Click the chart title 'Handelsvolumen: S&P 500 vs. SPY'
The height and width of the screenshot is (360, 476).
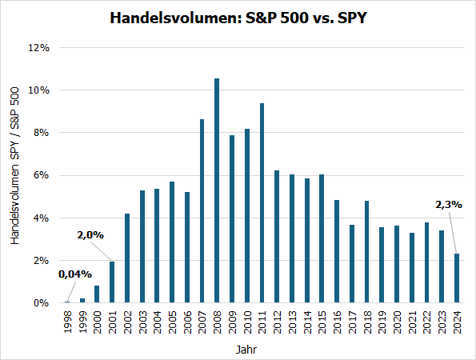238,18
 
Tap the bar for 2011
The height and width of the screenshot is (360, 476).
262,203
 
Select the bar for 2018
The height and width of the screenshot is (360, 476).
366,252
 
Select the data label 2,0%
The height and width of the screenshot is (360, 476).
90,235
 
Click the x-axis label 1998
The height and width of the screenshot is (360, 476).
66,322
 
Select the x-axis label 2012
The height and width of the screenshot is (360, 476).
277,322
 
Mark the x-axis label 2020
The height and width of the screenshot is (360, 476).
397,322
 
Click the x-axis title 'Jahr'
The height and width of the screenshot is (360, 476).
246,350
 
